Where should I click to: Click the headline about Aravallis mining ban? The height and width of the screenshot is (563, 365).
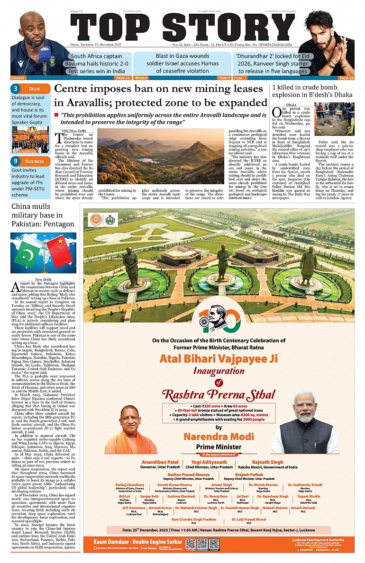pos(161,95)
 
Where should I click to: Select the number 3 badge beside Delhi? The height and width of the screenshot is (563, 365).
pos(16,89)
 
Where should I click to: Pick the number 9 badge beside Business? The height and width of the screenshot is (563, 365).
pos(16,161)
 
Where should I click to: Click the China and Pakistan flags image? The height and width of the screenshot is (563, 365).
pos(44,253)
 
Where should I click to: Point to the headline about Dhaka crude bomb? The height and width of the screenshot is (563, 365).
pos(311,90)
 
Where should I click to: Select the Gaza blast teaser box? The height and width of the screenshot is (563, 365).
pos(182,63)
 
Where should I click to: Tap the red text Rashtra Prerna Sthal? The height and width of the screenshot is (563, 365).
pos(219,394)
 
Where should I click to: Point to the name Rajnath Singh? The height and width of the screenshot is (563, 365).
pos(268,448)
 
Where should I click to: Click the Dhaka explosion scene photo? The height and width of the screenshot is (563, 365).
pos(335,119)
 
